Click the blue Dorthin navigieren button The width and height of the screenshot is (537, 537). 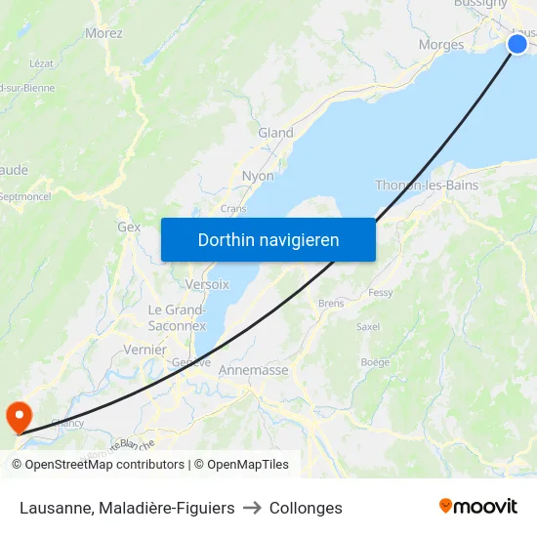pos(268,239)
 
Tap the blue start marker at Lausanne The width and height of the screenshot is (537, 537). pos(517,43)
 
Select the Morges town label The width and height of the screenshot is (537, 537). pos(441,45)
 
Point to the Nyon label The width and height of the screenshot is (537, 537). pos(258,176)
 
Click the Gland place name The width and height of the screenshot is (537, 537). pos(275,133)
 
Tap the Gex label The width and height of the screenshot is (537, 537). pos(129,227)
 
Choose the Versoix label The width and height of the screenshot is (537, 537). pos(207,284)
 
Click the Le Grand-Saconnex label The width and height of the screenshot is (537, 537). pos(177,317)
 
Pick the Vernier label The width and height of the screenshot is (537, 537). pos(145,350)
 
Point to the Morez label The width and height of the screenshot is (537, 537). pos(103,33)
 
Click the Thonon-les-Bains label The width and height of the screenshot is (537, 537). pos(427,186)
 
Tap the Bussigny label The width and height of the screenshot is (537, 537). pos(480,4)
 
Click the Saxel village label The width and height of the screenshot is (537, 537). pos(368,327)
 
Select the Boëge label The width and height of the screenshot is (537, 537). pos(375,362)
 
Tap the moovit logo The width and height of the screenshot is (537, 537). pos(478,507)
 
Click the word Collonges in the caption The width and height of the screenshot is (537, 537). pos(306,508)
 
